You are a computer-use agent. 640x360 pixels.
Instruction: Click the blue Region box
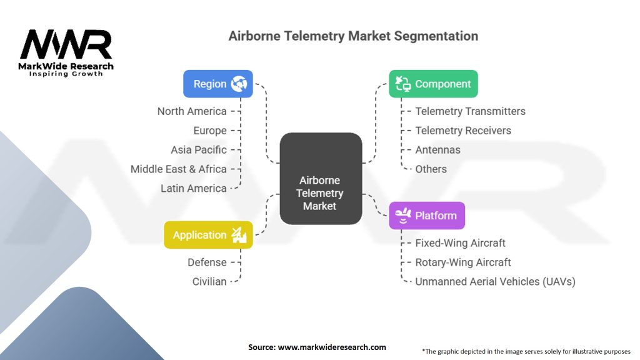pos(218,84)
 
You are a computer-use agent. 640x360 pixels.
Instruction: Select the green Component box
pos(433,84)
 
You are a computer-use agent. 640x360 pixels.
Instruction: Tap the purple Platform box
pos(427,216)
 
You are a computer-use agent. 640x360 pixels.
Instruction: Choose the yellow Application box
pos(208,235)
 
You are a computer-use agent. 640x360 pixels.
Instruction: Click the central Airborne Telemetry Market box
pos(321,178)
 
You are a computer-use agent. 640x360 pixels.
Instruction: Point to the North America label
pos(192,111)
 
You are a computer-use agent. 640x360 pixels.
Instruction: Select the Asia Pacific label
pos(199,150)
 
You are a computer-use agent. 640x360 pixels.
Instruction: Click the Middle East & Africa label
pos(178,169)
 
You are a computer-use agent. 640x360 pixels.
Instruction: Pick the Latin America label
pos(194,188)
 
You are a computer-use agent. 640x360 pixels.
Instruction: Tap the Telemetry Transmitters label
pos(470,111)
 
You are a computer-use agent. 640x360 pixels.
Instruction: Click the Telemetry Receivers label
pos(463,131)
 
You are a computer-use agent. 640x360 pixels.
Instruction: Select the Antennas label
pos(437,150)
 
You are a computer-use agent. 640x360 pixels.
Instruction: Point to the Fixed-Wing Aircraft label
pos(460,243)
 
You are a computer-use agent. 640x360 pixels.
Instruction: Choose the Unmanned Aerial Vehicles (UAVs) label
pos(495,282)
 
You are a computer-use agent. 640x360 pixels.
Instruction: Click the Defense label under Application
pos(207,262)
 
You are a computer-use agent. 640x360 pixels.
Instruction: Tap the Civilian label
pos(209,282)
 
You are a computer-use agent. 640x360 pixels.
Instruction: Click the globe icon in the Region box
pos(239,84)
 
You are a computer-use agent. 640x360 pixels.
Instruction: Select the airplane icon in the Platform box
pos(403,215)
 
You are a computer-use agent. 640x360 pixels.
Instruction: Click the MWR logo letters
pos(66,44)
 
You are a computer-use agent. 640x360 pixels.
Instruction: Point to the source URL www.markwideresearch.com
pos(332,347)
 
